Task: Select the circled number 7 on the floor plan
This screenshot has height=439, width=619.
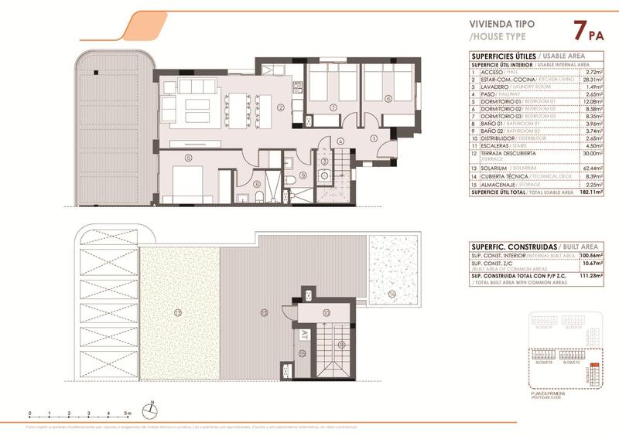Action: tap(332, 107)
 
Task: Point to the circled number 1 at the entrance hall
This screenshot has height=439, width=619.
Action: tap(374, 138)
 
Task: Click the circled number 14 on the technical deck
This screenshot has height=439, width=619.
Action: tap(392, 294)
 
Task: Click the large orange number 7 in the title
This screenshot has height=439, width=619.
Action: tap(577, 32)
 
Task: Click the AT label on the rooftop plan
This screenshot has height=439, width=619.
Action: tap(305, 335)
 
